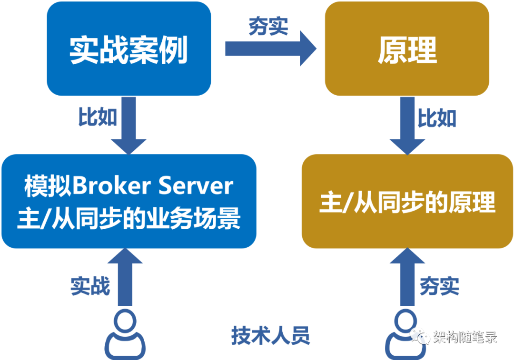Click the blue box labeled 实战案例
pos(129,49)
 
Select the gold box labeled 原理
pos(407,49)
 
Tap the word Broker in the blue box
pos(111,186)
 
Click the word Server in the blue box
pos(196,186)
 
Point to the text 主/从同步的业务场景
pos(129,218)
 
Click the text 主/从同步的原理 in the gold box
pos(407,202)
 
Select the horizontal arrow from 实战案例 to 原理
pos(271,49)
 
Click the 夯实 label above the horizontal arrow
pos(268,26)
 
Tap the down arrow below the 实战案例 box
pos(128,126)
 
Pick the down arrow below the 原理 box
pos(407,126)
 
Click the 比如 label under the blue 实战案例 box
pos(98,117)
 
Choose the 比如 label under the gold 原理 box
pos(437,118)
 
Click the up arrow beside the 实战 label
pos(125,277)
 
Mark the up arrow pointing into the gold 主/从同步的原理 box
pos(407,277)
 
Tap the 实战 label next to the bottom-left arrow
pos(90,286)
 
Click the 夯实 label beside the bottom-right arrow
pos(440,286)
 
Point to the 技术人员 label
pos(270,335)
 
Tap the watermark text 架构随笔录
pos(465,337)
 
